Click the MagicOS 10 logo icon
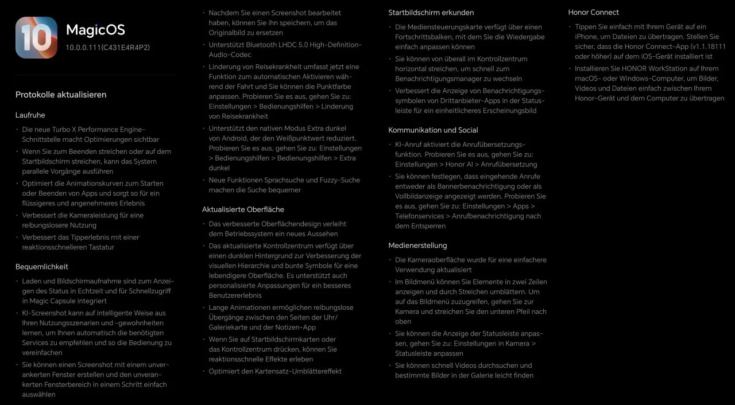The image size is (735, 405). [x=36, y=37]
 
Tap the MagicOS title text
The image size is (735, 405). [x=95, y=30]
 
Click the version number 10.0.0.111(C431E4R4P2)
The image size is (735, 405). [x=107, y=47]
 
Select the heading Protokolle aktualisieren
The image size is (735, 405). [x=61, y=95]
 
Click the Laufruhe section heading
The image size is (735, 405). [x=30, y=115]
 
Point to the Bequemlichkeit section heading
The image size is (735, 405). [x=42, y=266]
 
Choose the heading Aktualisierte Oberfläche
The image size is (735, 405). [x=243, y=209]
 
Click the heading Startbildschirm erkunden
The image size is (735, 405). [x=431, y=12]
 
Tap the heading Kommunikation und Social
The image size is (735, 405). [x=433, y=130]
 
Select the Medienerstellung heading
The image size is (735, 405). [x=417, y=246]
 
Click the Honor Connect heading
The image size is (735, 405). [x=593, y=12]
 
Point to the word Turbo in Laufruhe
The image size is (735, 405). [x=65, y=130]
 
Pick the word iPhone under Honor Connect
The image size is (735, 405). [x=587, y=37]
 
